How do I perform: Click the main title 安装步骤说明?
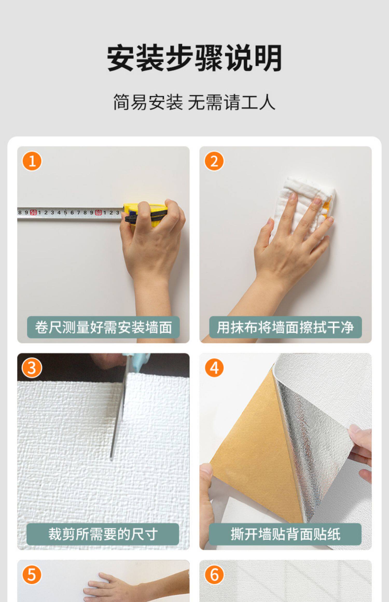[x=194, y=58]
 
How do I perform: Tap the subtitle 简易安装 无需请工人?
[x=194, y=102]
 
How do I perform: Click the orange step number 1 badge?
[x=32, y=161]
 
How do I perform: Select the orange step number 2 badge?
[x=214, y=161]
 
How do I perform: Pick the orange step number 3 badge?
[x=32, y=368]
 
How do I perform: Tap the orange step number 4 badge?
[x=214, y=368]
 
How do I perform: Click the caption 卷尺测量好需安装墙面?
[x=103, y=327]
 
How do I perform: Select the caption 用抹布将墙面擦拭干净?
[x=285, y=327]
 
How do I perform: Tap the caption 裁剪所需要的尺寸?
[x=103, y=534]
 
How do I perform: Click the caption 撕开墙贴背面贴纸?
[x=285, y=534]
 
